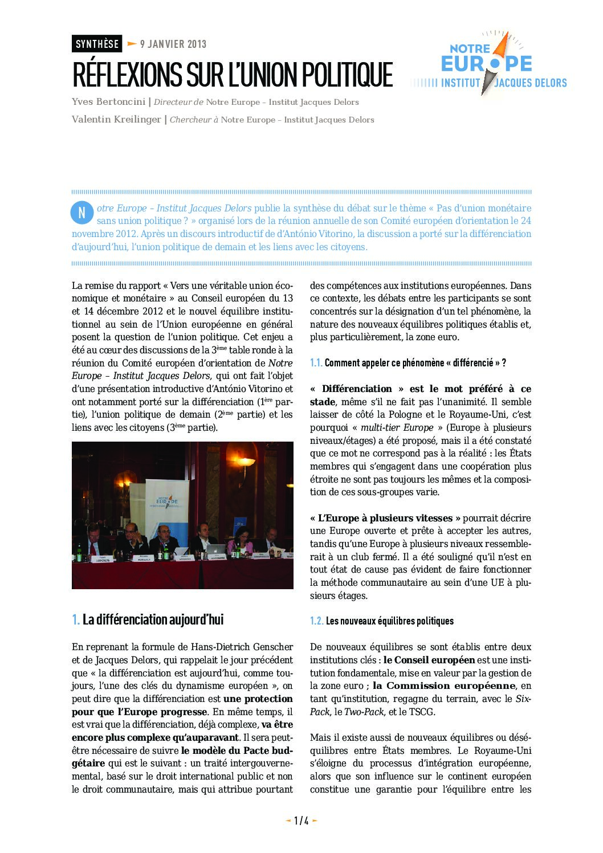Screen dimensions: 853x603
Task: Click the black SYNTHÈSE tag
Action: point(97,44)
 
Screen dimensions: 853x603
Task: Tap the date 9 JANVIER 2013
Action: point(173,44)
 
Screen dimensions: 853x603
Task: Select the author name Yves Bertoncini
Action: point(108,102)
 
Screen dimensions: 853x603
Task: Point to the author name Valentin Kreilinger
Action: point(116,120)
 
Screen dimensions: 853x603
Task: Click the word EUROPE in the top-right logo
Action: point(486,63)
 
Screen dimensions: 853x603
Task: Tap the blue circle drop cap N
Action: point(82,213)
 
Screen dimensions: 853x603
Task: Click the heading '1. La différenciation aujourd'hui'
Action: point(148,619)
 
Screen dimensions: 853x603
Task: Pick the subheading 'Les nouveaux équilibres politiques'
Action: point(389,621)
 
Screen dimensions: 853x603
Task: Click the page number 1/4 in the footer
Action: point(301,821)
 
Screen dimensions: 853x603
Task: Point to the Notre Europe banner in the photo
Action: point(167,501)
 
